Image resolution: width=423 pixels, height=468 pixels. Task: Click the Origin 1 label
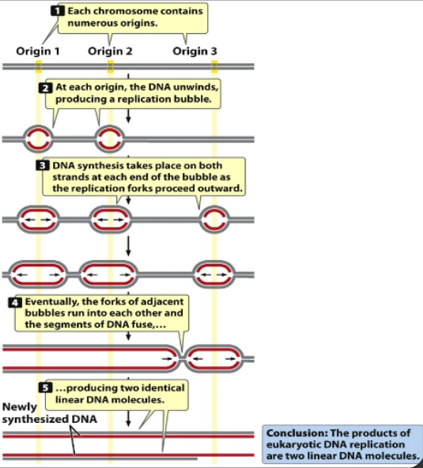[39, 51]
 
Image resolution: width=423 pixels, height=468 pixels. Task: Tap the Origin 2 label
[111, 51]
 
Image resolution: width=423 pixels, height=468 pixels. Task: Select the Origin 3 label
[195, 51]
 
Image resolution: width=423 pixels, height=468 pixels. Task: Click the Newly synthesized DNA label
[49, 413]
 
